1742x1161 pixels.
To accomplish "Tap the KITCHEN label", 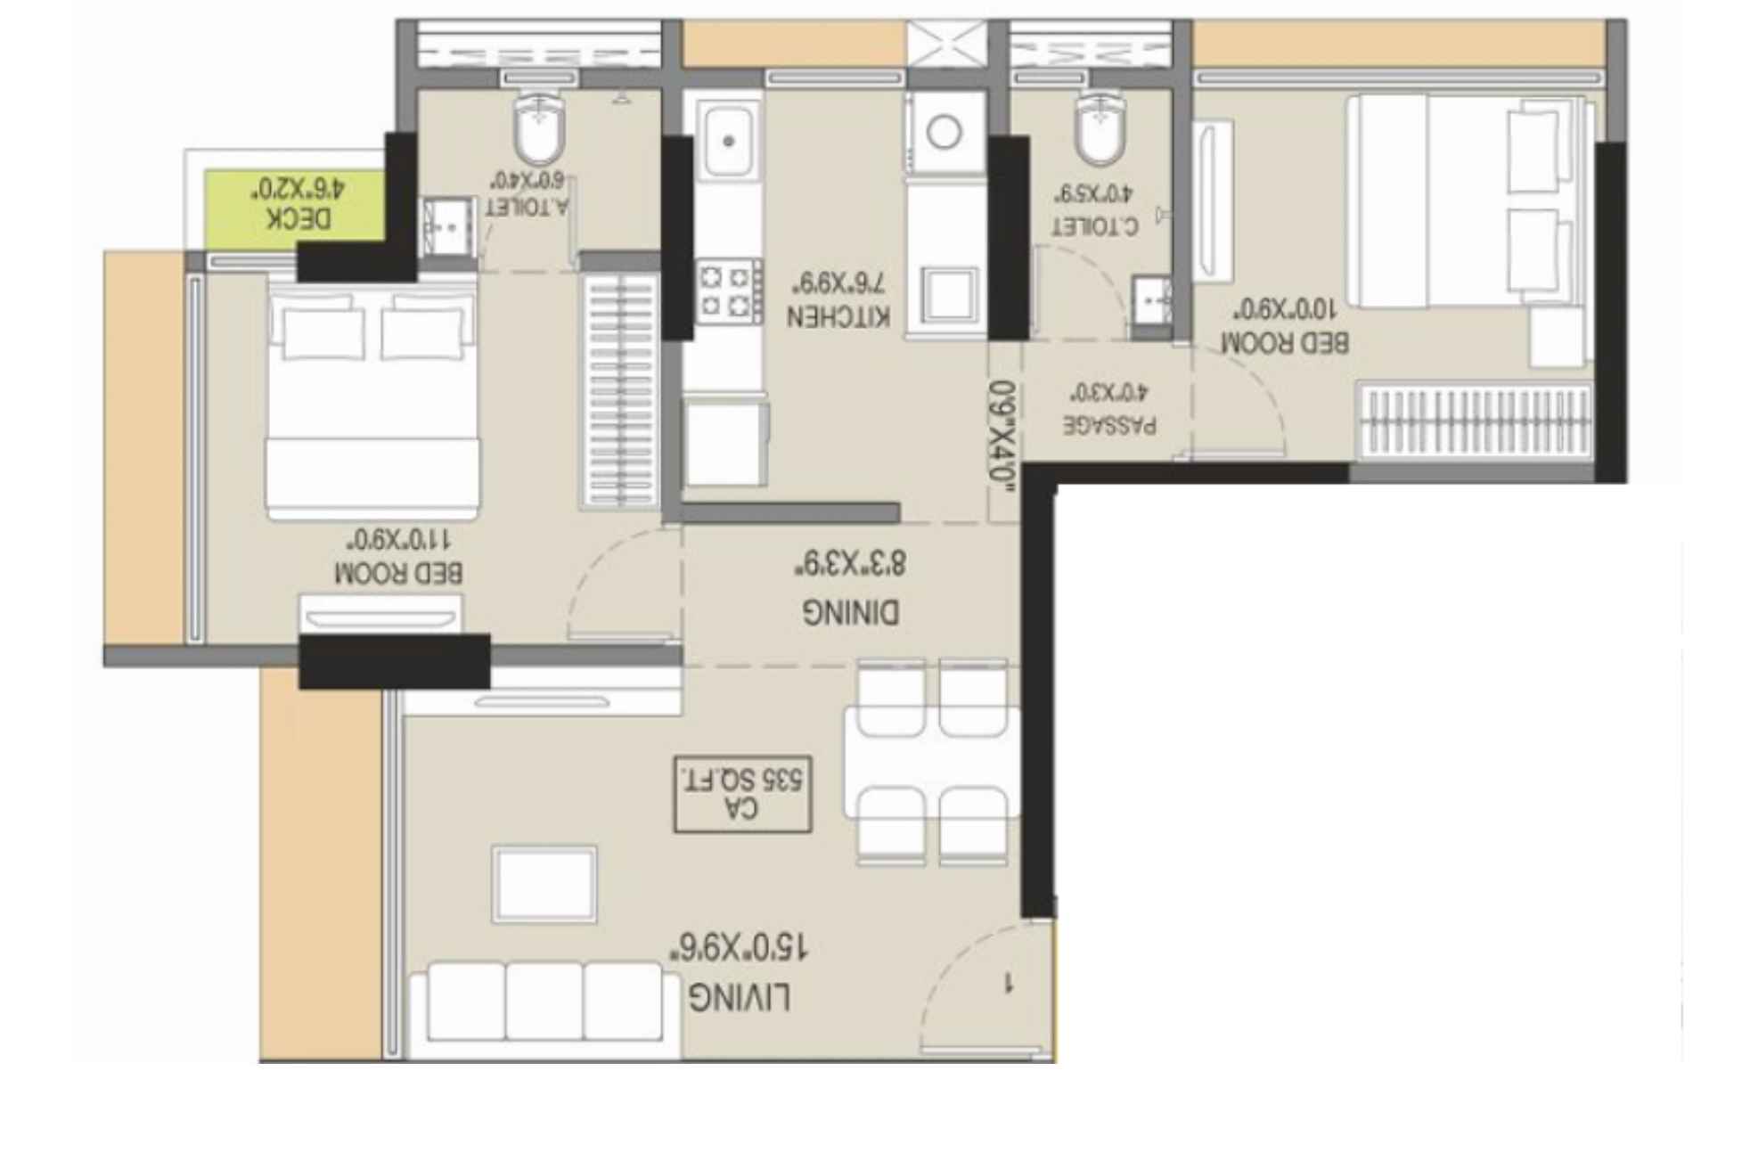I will coord(838,317).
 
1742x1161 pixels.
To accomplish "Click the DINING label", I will coord(850,613).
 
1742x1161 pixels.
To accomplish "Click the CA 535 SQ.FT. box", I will coord(742,795).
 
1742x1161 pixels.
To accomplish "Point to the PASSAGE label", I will coord(1109,425).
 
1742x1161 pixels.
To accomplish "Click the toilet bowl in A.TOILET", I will coord(539,132).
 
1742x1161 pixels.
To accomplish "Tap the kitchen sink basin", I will coord(729,140).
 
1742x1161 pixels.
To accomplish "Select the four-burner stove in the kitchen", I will coord(728,291).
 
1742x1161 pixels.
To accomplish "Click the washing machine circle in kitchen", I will coord(944,133).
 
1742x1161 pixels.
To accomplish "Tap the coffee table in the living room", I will coord(544,884).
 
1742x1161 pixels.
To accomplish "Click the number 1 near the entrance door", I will coord(1008,984).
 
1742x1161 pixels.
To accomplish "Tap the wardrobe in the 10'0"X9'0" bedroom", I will coord(1475,420).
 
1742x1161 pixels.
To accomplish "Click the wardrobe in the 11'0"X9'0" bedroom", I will coord(619,389).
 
